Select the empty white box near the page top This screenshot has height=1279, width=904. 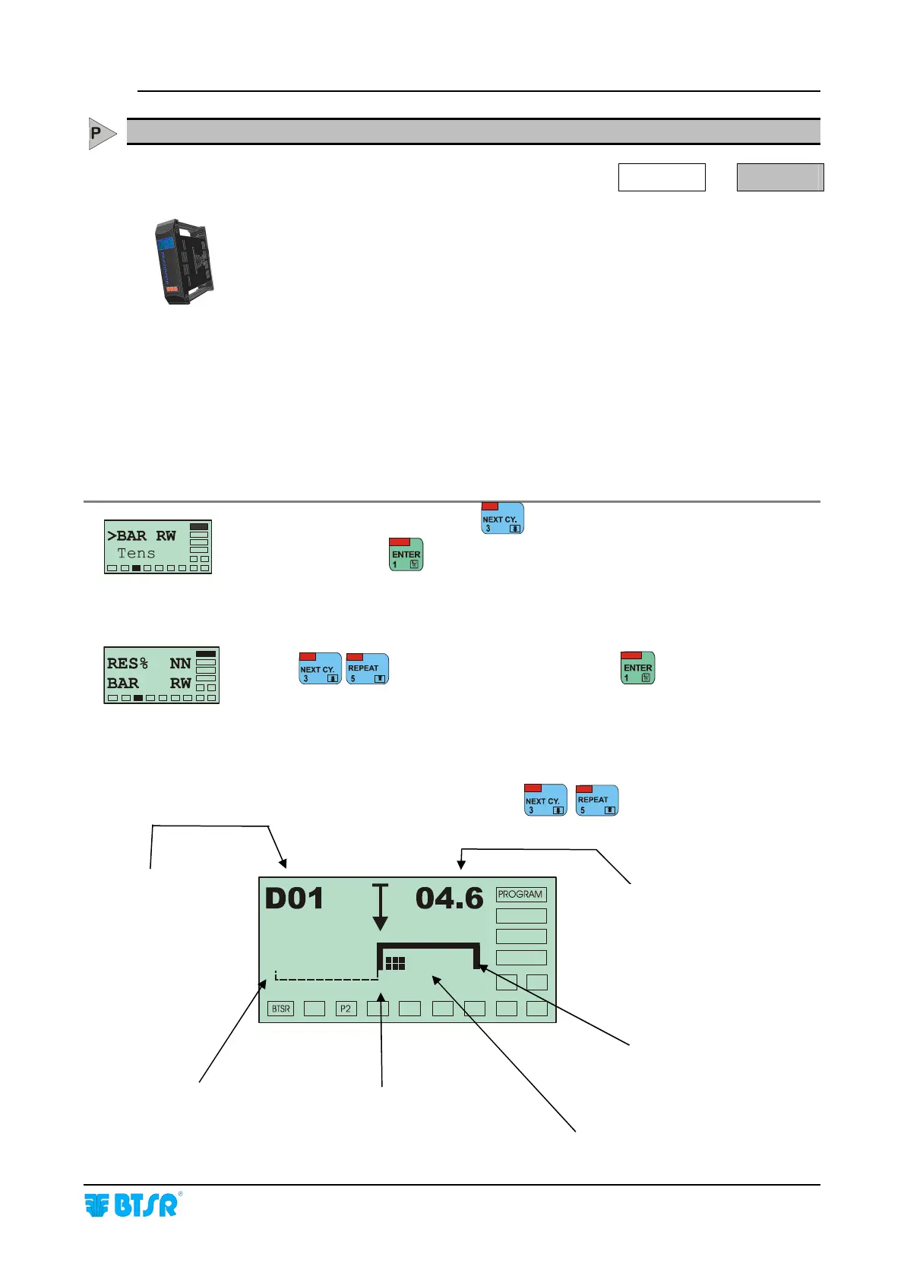tap(662, 177)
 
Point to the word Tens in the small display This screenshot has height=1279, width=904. tap(136, 554)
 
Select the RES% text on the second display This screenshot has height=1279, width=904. tap(128, 663)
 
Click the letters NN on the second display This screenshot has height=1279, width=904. tap(180, 663)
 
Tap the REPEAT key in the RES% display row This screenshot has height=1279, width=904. tap(368, 669)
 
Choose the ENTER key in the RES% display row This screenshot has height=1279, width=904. tap(638, 668)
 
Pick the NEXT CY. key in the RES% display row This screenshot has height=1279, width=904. tap(320, 669)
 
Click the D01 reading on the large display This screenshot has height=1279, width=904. tap(294, 898)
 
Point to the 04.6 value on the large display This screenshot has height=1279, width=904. tap(449, 898)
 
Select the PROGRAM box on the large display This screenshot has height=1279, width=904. tap(520, 895)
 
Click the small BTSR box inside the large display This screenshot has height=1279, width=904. tap(281, 1009)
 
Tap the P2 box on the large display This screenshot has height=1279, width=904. tap(346, 1009)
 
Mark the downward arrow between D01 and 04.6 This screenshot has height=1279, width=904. tap(380, 908)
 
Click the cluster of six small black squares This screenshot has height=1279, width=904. tap(395, 963)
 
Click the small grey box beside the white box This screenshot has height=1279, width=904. tap(780, 177)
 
